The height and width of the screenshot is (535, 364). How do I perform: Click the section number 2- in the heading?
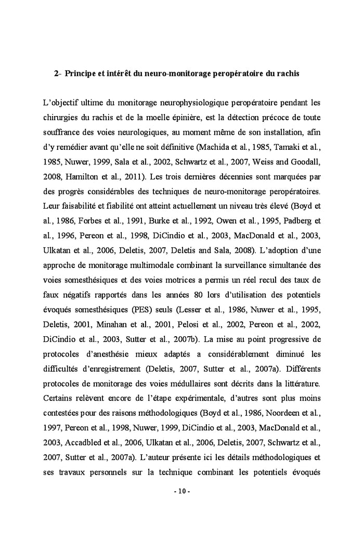pos(58,74)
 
